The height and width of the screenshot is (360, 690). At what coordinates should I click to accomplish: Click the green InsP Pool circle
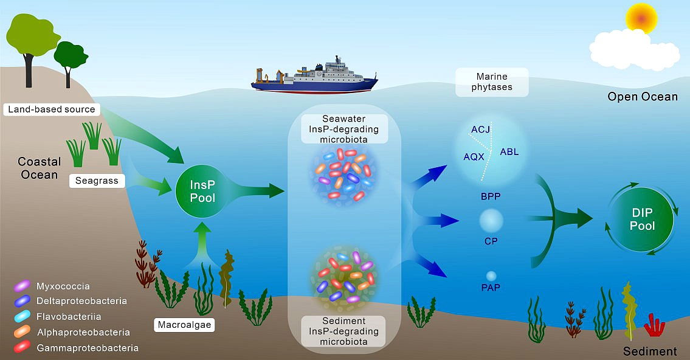pyautogui.click(x=202, y=191)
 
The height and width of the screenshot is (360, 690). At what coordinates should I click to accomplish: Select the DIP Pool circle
pyautogui.click(x=642, y=219)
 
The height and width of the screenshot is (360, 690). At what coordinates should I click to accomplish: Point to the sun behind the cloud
pyautogui.click(x=641, y=18)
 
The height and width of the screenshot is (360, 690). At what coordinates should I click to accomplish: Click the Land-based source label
pyautogui.click(x=52, y=109)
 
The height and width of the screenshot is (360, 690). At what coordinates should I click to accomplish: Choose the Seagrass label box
pyautogui.click(x=97, y=181)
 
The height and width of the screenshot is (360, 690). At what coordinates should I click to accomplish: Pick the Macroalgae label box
pyautogui.click(x=184, y=325)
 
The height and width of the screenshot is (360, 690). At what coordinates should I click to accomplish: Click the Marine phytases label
pyautogui.click(x=492, y=82)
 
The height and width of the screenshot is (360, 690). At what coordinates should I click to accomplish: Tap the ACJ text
pyautogui.click(x=480, y=130)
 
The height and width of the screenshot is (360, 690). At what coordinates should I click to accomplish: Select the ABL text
pyautogui.click(x=509, y=152)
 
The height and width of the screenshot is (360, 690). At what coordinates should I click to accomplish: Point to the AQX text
pyautogui.click(x=474, y=157)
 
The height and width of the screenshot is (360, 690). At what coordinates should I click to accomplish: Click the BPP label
pyautogui.click(x=491, y=196)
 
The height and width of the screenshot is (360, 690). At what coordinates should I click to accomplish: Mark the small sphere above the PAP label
pyautogui.click(x=491, y=276)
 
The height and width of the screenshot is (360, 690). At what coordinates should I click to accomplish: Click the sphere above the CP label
pyautogui.click(x=491, y=221)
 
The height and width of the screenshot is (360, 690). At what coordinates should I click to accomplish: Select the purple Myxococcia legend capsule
pyautogui.click(x=22, y=286)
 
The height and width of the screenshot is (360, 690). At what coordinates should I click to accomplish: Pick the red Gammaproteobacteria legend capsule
pyautogui.click(x=22, y=347)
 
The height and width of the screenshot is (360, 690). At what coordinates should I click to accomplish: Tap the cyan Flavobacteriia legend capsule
pyautogui.click(x=22, y=316)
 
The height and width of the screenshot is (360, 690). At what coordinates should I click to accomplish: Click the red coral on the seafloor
pyautogui.click(x=654, y=327)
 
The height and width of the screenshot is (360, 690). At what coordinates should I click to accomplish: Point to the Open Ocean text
pyautogui.click(x=643, y=97)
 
